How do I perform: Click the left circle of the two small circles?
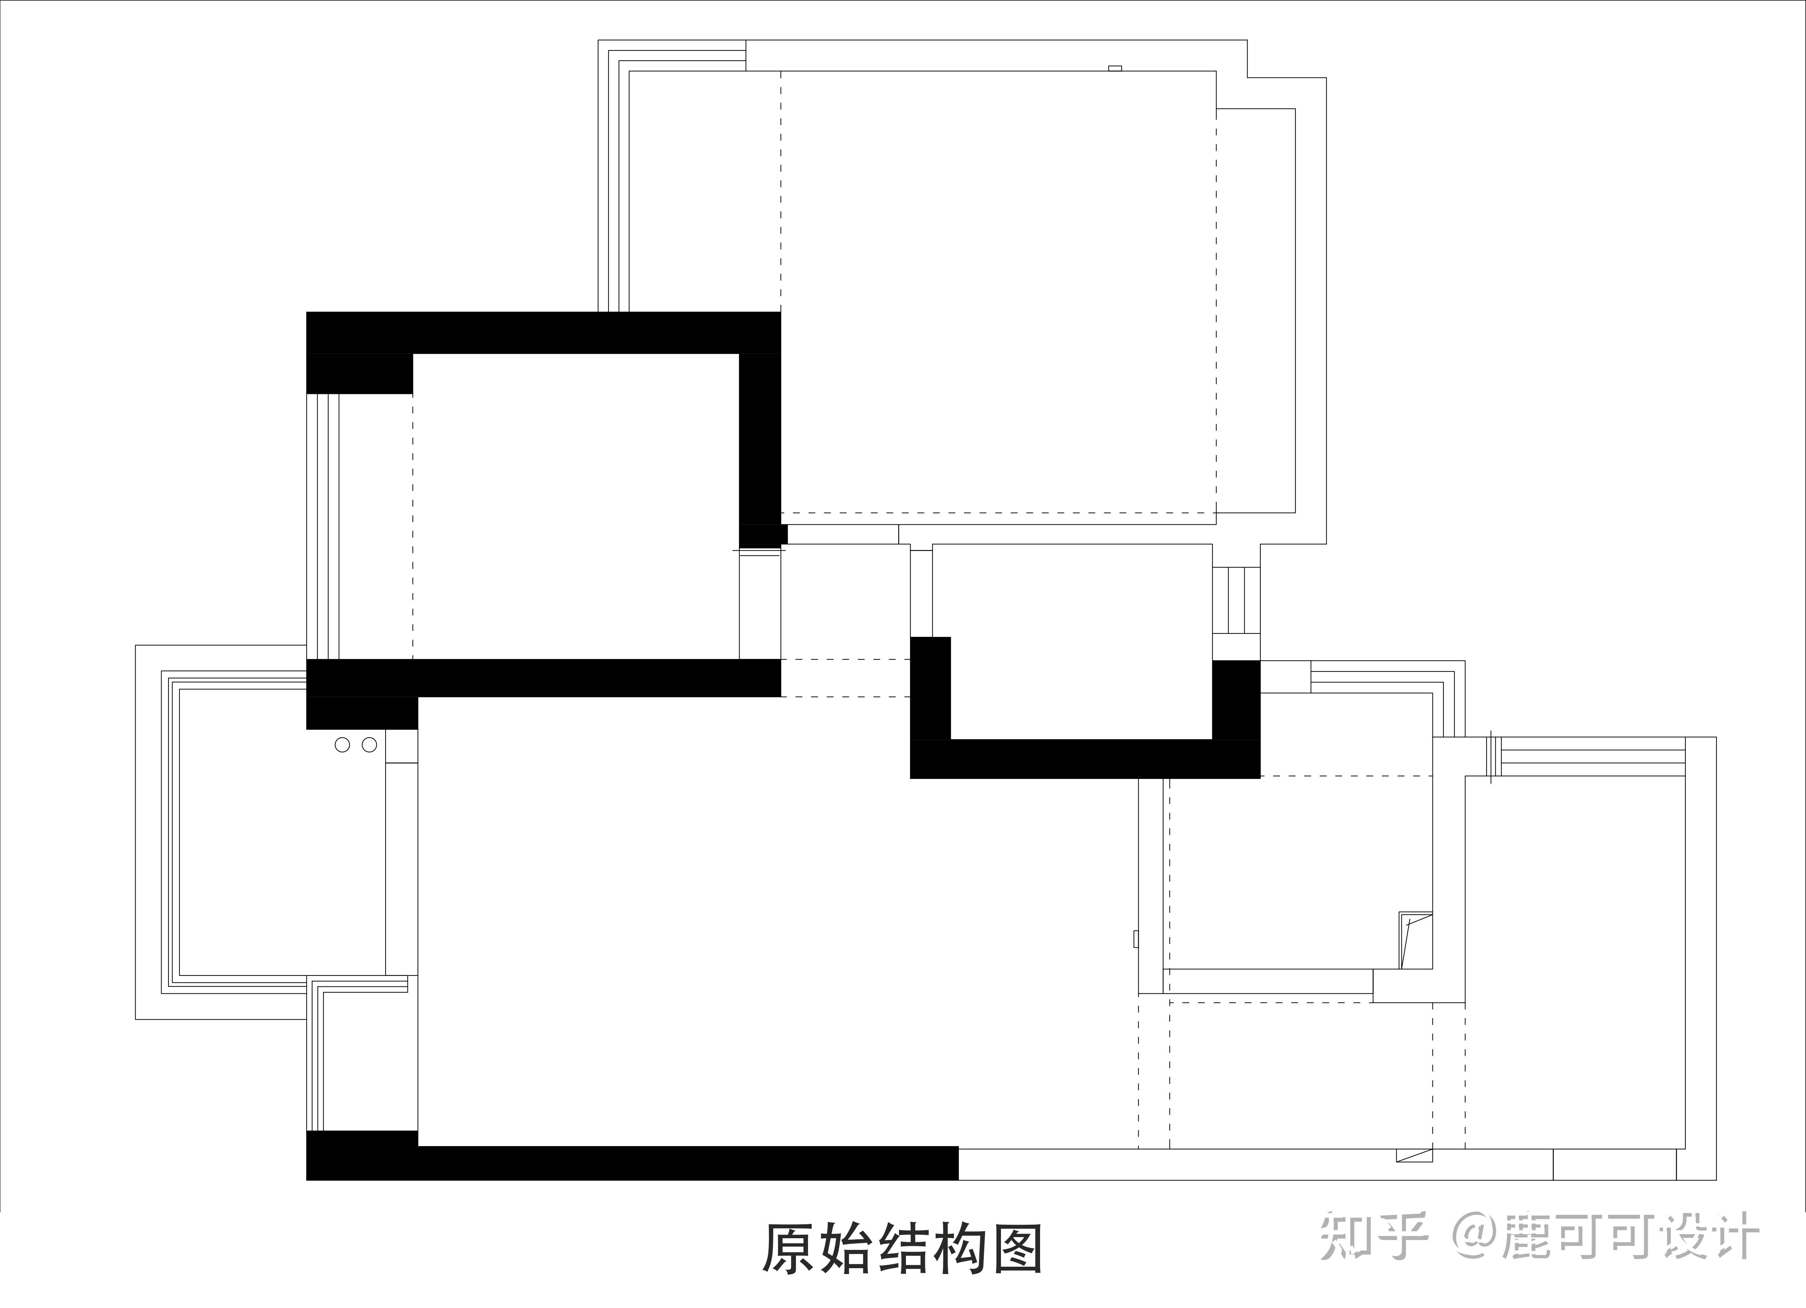click(342, 745)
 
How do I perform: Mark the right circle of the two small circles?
click(369, 745)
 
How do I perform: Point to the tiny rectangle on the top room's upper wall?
click(1115, 68)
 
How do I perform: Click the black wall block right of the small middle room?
click(1236, 700)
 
